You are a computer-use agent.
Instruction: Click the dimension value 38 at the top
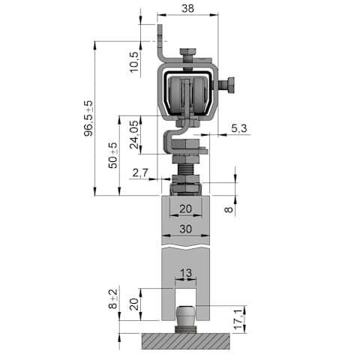[x=187, y=8]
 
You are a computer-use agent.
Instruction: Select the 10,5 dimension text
[x=134, y=61]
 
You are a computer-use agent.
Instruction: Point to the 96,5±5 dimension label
[x=88, y=118]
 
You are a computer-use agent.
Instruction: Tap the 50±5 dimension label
[x=112, y=155]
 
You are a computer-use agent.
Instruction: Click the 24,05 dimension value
[x=134, y=134]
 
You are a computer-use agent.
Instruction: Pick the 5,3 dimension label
[x=239, y=128]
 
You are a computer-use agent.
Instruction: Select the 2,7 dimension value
[x=140, y=172]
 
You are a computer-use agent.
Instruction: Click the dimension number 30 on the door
[x=185, y=229]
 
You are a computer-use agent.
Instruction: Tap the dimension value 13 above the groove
[x=186, y=273]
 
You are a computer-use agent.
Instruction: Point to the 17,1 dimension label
[x=238, y=319]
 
